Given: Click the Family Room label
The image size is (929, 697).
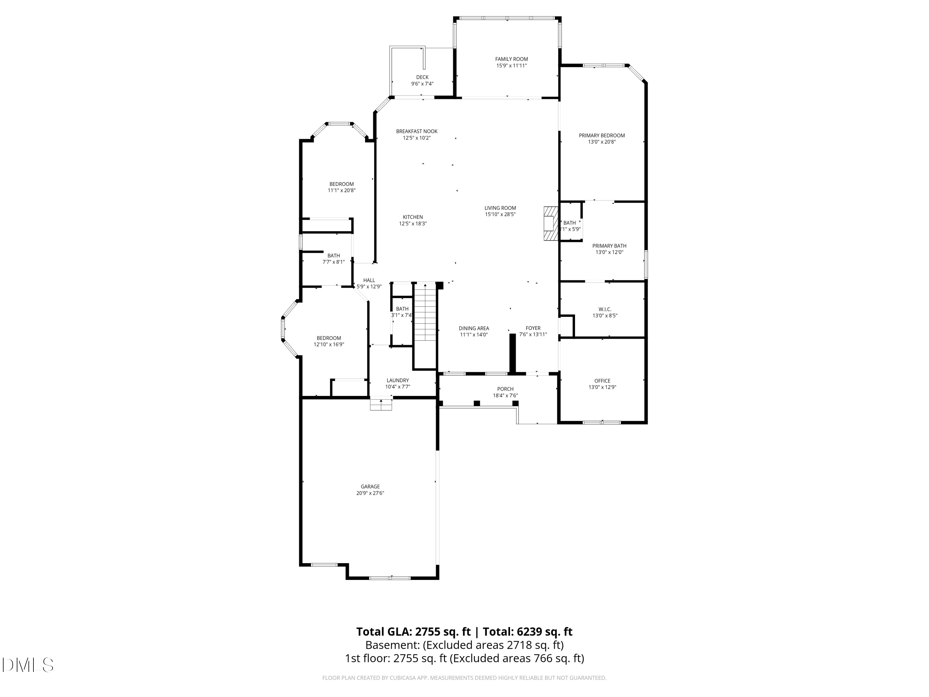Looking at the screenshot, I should (x=511, y=59).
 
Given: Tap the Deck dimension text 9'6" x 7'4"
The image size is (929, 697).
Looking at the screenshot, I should (x=422, y=84).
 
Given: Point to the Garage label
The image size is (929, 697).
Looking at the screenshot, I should (x=370, y=487).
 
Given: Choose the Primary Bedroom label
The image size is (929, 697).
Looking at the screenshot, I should (x=601, y=135).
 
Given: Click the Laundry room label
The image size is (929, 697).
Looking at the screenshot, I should (x=397, y=380).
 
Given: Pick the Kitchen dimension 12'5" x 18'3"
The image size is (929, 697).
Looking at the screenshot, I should (x=412, y=224).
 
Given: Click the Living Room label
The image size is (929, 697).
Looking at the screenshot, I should (x=500, y=208).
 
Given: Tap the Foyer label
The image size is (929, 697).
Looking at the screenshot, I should (x=533, y=328).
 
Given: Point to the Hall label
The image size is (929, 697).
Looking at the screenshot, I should (x=369, y=280).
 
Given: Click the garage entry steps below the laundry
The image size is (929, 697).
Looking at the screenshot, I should (x=381, y=405).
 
